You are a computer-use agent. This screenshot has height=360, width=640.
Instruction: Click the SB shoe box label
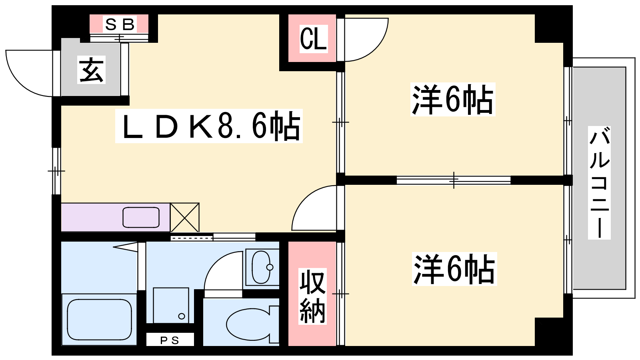pyautogui.click(x=120, y=24)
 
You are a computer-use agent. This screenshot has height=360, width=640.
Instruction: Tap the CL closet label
pyautogui.click(x=313, y=39)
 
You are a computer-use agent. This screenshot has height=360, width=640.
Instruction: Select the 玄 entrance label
pyautogui.click(x=91, y=70)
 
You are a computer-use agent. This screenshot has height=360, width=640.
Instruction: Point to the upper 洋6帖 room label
pyautogui.click(x=453, y=100)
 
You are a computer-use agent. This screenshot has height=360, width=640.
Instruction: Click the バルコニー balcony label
pyautogui.click(x=599, y=183)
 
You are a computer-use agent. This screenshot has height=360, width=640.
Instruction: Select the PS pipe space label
pyautogui.click(x=170, y=340)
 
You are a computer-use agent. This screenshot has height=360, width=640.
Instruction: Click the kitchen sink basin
pyautogui.click(x=141, y=218)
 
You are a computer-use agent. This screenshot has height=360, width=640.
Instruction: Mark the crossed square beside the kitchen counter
pyautogui.click(x=184, y=218)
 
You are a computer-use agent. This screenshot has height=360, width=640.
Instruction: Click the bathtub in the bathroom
pyautogui.click(x=99, y=320)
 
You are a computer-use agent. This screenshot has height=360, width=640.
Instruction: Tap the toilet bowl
pyautogui.click(x=248, y=324)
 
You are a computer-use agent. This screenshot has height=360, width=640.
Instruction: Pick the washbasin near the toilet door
pyautogui.click(x=261, y=267)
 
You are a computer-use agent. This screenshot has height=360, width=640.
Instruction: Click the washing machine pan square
pyautogui.click(x=171, y=305)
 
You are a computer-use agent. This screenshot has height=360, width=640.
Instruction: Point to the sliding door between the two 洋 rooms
pyautogui.click(x=454, y=180)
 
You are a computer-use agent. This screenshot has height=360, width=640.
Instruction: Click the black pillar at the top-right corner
pyautogui.click(x=554, y=24)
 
